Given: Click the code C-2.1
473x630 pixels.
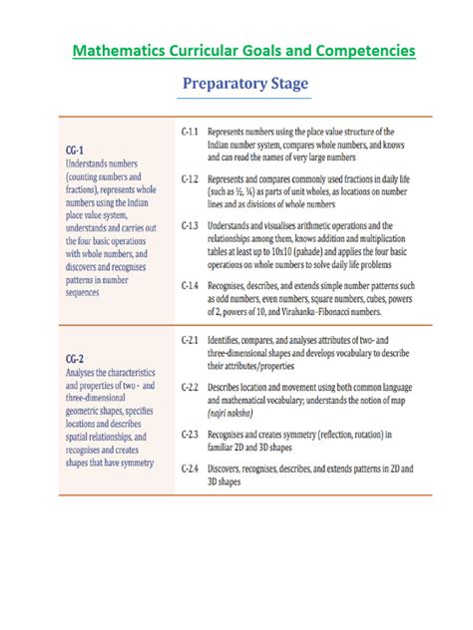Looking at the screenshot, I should tap(192, 341).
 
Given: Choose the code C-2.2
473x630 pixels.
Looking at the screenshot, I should tap(192, 386).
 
